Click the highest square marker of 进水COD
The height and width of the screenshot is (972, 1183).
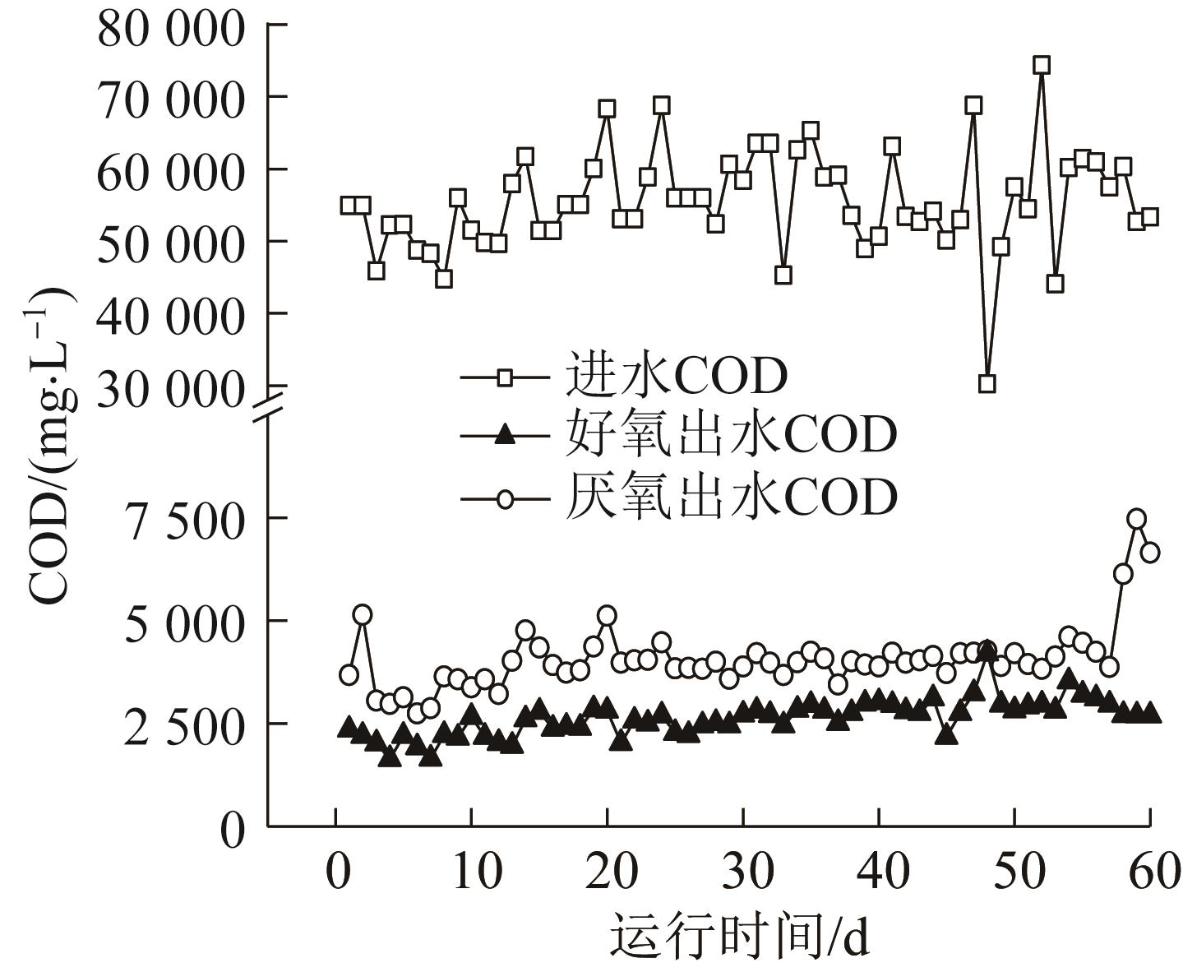click(x=1042, y=66)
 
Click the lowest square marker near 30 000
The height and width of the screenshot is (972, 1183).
click(x=987, y=383)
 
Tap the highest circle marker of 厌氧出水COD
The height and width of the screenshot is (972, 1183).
click(x=1137, y=518)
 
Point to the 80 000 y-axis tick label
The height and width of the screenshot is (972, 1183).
click(x=171, y=28)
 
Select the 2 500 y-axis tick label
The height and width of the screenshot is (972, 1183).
click(x=185, y=725)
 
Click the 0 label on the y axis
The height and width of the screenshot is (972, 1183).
click(x=233, y=829)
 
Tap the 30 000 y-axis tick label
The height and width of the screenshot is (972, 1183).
click(x=171, y=388)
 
